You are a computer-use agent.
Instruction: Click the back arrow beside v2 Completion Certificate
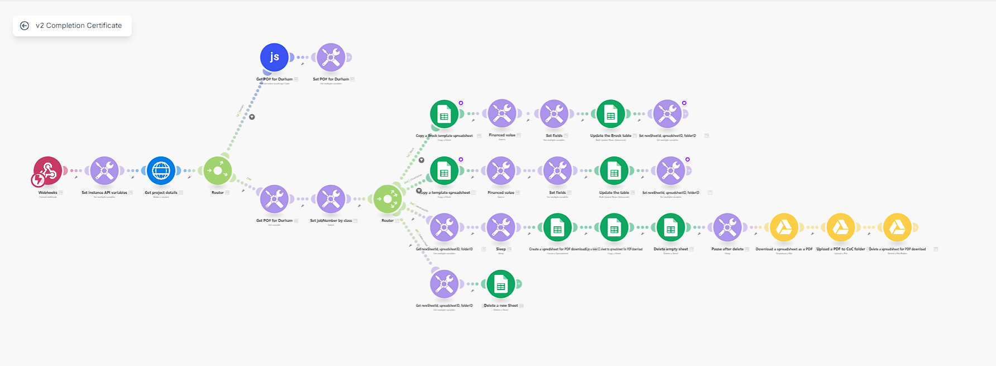pos(25,26)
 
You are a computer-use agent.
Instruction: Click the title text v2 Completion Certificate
pos(79,26)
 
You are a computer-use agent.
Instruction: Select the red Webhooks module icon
pos(48,170)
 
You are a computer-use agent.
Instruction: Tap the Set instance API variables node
pos(104,170)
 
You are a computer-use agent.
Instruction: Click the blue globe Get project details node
pos(161,170)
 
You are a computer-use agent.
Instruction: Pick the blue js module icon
pos(274,57)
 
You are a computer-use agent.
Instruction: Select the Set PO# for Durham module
pos(331,57)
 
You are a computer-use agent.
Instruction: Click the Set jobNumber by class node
pos(331,199)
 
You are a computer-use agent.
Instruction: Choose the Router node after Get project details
pos(218,170)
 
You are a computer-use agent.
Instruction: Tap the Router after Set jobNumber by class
pos(388,199)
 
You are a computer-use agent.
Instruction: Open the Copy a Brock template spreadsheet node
pos(444,114)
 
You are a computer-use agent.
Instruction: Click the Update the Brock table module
pos(611,114)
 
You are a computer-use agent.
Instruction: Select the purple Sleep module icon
pos(501,227)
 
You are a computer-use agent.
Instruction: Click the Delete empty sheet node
pos(671,227)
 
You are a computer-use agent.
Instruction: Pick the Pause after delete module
pos(727,227)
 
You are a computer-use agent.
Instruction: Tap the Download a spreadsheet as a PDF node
pos(784,227)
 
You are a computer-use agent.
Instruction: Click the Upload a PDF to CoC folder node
pos(841,227)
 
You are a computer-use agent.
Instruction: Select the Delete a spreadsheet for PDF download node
pos(897,227)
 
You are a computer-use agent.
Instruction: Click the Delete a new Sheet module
pos(501,284)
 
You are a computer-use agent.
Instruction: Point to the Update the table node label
pos(614,193)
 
